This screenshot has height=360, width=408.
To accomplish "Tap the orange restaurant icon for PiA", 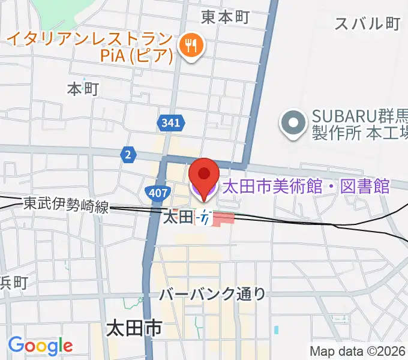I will (x=191, y=45).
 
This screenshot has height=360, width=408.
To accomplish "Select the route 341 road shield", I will (x=170, y=123).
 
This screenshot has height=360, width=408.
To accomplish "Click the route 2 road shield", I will (x=127, y=154).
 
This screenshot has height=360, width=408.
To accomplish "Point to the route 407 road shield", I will (x=155, y=193).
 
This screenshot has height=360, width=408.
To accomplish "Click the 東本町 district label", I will (x=225, y=17).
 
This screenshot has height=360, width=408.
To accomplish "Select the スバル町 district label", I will (x=367, y=23).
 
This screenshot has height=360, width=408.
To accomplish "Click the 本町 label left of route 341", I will (x=82, y=89).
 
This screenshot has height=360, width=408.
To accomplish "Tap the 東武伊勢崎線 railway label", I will (x=67, y=206).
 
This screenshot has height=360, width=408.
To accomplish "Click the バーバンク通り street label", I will (x=212, y=294).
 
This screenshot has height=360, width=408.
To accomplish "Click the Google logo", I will (x=40, y=346).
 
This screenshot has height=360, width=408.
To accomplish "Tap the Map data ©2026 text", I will (x=358, y=351).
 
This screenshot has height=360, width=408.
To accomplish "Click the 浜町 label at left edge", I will (x=13, y=283).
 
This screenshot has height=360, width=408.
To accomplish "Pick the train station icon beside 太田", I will (x=205, y=218).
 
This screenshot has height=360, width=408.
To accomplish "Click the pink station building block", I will (x=223, y=218).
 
